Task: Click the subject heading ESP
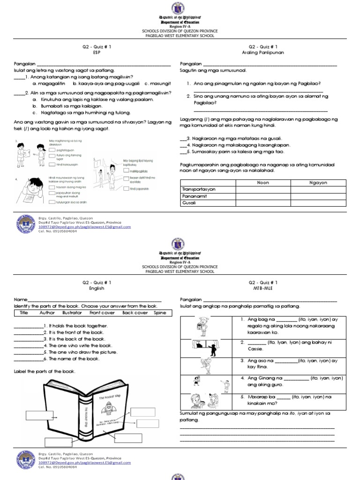(97, 53)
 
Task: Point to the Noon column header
(263, 183)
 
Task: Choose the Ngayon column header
(318, 183)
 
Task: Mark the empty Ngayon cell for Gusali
(318, 203)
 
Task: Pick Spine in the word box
(159, 313)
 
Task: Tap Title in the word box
(24, 313)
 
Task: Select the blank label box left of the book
(42, 415)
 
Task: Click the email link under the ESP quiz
(84, 226)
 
